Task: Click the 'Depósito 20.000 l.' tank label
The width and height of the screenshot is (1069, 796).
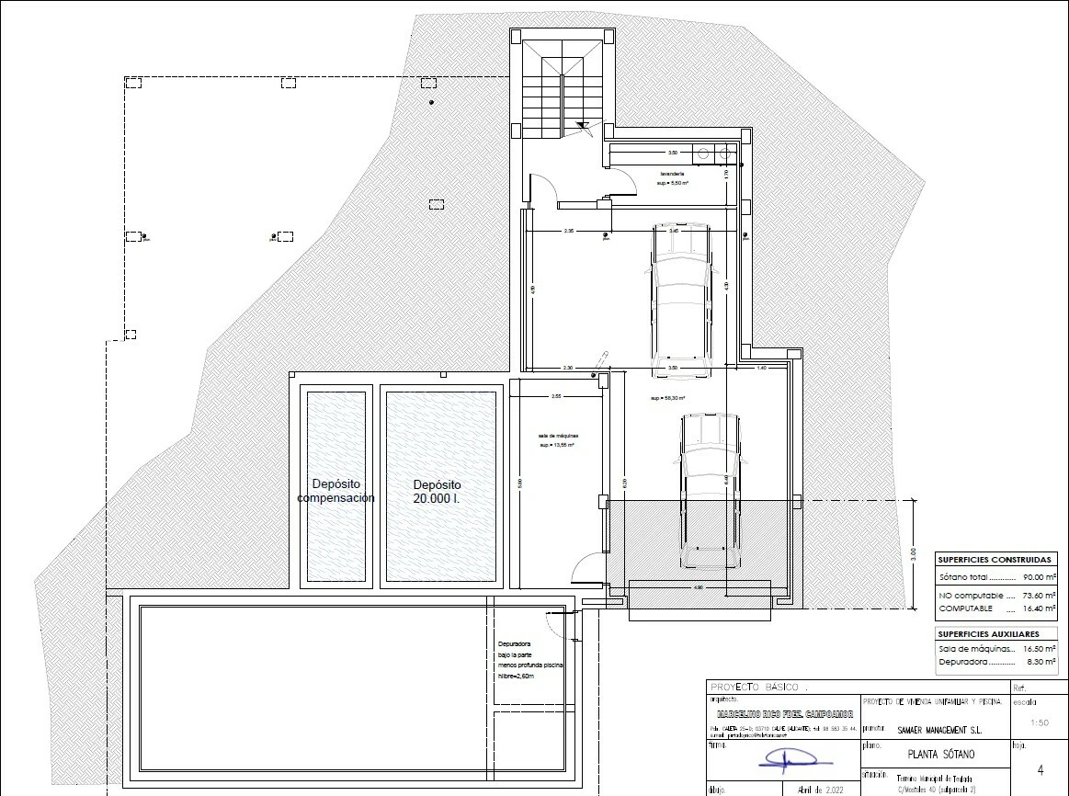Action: (437, 491)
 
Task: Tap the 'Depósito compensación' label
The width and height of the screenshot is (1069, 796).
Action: (335, 491)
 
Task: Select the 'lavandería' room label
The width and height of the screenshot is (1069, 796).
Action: (672, 174)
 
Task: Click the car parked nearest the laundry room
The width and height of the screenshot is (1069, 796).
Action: (680, 301)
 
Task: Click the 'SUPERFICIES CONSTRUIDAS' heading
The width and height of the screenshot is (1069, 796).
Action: (994, 559)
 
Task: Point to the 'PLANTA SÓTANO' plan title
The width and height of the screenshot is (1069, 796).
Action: (928, 755)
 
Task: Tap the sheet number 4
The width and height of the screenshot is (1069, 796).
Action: (1040, 770)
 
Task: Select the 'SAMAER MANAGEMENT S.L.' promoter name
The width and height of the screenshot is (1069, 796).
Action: (932, 730)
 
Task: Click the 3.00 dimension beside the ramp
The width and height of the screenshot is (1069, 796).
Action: (912, 554)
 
